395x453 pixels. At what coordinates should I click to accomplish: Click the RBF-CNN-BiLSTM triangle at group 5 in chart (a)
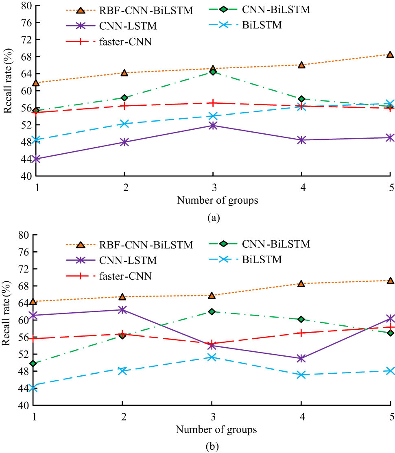click(389, 54)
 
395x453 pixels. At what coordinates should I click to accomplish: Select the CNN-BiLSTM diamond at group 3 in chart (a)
click(212, 72)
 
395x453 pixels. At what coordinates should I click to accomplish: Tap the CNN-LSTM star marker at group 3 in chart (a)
click(212, 126)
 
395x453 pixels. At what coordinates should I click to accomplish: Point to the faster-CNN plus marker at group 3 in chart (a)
click(212, 103)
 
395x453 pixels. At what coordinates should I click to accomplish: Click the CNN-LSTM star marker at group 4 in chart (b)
click(301, 359)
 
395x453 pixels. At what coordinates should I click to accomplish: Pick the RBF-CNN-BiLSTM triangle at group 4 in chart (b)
click(301, 284)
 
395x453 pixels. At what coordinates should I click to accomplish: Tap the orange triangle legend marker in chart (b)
click(80, 245)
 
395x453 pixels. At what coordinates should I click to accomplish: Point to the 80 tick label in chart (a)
click(27, 6)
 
